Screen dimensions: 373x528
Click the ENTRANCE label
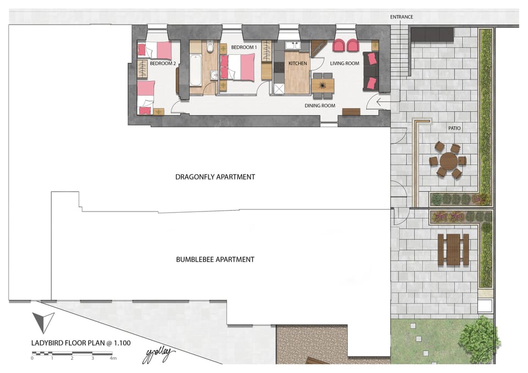402,17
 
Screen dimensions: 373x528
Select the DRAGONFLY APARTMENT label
215,177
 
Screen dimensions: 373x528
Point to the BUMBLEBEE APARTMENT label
215,259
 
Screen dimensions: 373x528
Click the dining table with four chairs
323,86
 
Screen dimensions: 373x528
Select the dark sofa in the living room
371,71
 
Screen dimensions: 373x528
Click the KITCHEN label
298,64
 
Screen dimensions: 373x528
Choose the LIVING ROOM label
344,64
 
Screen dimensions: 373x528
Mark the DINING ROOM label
320,105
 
